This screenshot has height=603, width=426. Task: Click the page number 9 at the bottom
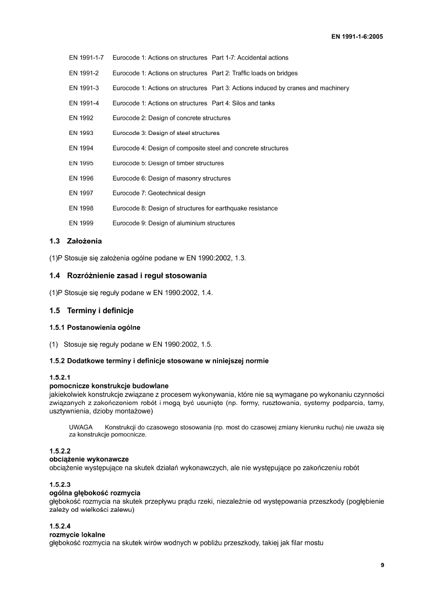383,565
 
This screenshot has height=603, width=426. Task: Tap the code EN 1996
81,178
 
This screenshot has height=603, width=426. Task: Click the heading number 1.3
54,241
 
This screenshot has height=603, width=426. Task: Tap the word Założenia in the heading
84,241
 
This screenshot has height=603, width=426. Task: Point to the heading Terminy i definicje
100,311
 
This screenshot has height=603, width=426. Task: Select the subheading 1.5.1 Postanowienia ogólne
95,328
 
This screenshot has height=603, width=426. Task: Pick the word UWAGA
81,427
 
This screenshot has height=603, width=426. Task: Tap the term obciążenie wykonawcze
89,459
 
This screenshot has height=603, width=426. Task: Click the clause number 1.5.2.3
60,484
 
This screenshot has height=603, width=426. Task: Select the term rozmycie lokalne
77,534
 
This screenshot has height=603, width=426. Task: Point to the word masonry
182,178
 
